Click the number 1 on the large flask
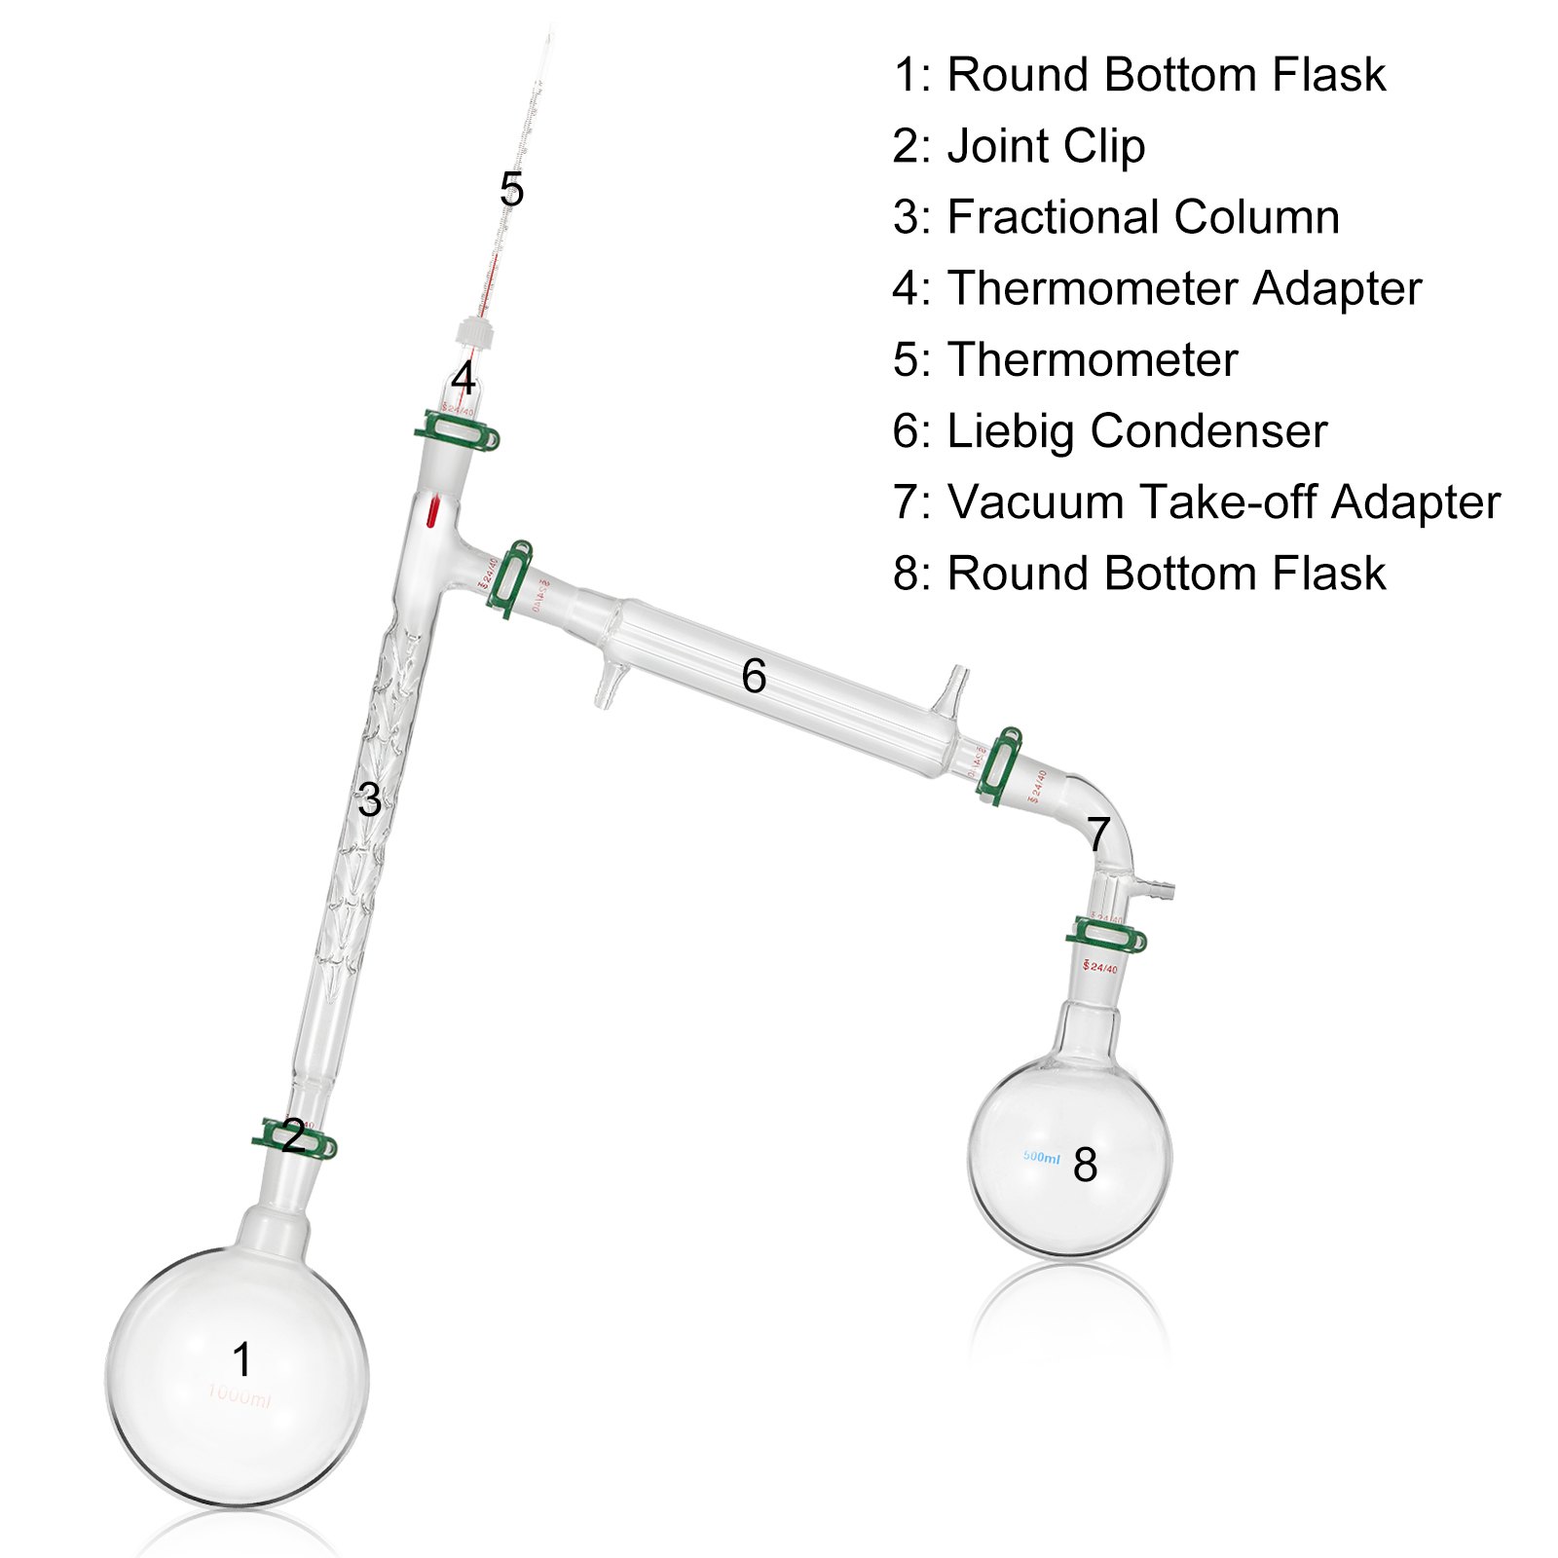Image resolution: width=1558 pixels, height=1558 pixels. tap(241, 1359)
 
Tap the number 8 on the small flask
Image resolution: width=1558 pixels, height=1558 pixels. tap(1085, 1165)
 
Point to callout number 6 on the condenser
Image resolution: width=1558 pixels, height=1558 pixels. tap(754, 676)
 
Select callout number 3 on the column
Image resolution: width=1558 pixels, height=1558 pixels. tap(369, 800)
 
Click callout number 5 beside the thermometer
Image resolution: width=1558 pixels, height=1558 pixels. tap(511, 189)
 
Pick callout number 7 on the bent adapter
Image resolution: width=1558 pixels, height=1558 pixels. tap(1098, 835)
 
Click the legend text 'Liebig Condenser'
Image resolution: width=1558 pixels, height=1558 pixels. tap(1136, 431)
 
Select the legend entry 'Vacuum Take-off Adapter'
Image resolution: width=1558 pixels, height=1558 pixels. tap(1223, 502)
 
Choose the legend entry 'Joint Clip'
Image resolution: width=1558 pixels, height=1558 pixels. tap(1046, 146)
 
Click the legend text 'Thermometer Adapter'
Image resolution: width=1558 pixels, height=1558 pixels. tap(1184, 288)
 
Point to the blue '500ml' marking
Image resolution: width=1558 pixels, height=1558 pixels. tap(1041, 1158)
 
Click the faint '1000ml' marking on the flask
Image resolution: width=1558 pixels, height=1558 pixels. tap(239, 1397)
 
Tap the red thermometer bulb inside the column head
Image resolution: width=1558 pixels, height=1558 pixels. tap(433, 512)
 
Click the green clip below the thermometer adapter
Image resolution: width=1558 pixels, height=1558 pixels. tap(458, 431)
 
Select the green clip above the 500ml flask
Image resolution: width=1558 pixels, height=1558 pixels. tap(1106, 937)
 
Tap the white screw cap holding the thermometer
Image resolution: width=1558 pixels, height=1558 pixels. tap(474, 333)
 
